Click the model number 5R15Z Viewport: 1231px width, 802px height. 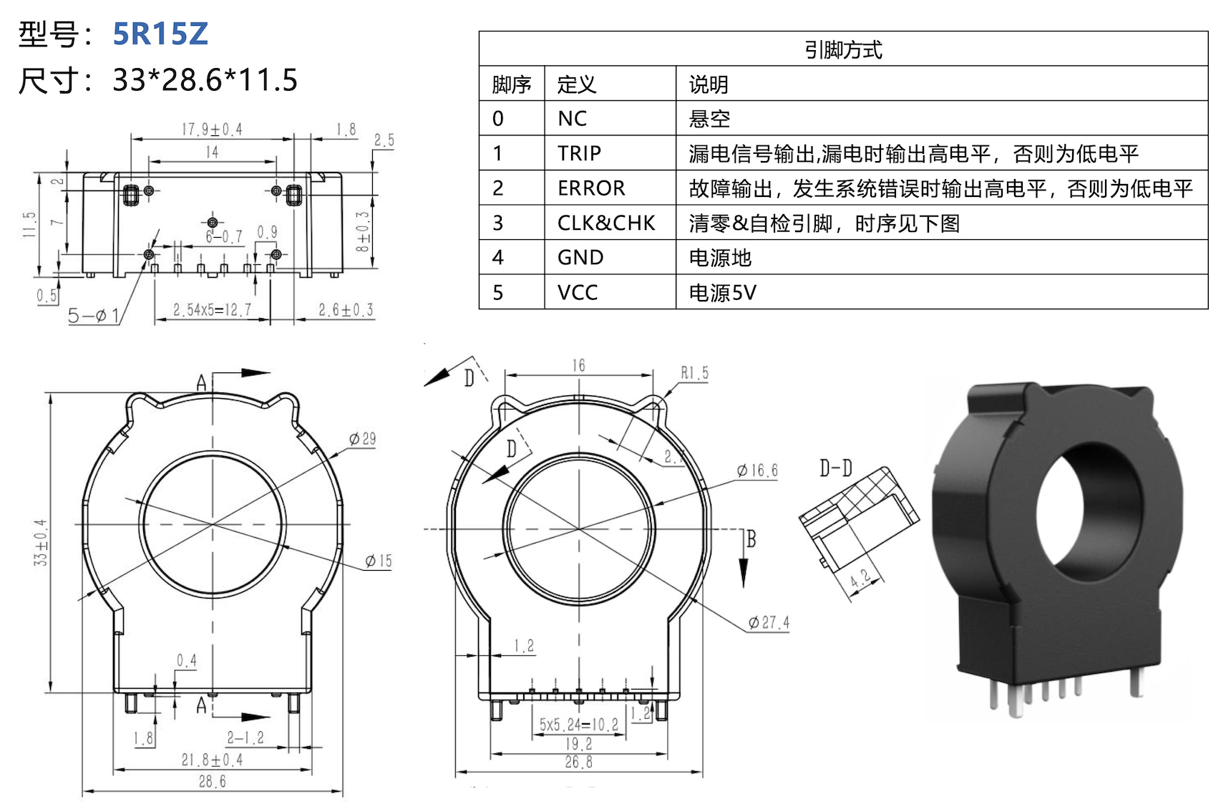160,34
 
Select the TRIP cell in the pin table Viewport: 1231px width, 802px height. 579,153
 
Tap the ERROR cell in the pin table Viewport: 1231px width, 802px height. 591,188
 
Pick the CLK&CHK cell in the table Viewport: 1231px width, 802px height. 606,223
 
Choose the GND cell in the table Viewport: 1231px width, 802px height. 580,258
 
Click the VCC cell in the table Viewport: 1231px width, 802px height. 578,293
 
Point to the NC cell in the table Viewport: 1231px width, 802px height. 572,119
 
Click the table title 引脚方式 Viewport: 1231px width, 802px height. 843,49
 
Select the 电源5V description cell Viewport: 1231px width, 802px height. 722,293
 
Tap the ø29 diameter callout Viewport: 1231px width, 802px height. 363,439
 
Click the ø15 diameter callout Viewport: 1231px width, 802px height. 379,561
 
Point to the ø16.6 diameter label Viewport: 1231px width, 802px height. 758,470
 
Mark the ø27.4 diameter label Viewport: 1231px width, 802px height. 769,623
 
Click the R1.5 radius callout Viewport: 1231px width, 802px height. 694,373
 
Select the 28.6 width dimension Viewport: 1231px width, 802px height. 212,782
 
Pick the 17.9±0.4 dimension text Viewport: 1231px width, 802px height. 212,130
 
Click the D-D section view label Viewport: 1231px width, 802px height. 836,469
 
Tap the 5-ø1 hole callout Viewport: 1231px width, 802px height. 94,315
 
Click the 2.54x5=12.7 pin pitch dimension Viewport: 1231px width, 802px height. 212,310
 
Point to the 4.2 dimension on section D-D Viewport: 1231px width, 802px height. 861,579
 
